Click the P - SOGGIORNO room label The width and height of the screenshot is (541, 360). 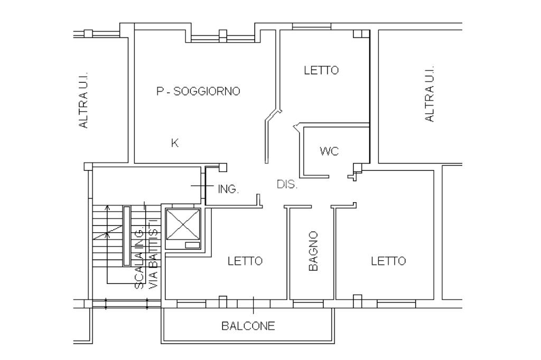pyautogui.click(x=198, y=91)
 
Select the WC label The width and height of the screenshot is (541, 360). pyautogui.click(x=329, y=151)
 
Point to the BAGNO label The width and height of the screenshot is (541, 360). pyautogui.click(x=313, y=251)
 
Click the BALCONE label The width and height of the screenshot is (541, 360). pyautogui.click(x=248, y=326)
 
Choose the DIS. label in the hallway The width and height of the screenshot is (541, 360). pyautogui.click(x=287, y=185)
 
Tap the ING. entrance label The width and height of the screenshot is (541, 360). pyautogui.click(x=228, y=188)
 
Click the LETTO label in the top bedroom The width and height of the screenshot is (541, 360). pyautogui.click(x=321, y=70)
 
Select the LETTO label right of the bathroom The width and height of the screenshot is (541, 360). pyautogui.click(x=388, y=261)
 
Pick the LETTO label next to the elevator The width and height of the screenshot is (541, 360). pyautogui.click(x=245, y=261)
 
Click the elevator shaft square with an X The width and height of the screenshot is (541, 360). pyautogui.click(x=183, y=224)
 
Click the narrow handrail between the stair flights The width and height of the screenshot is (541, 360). pyautogui.click(x=126, y=236)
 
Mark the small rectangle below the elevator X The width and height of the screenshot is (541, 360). pyautogui.click(x=192, y=245)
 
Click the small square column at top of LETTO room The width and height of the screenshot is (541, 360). pyautogui.click(x=358, y=34)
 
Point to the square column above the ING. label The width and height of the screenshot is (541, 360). pyautogui.click(x=223, y=167)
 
